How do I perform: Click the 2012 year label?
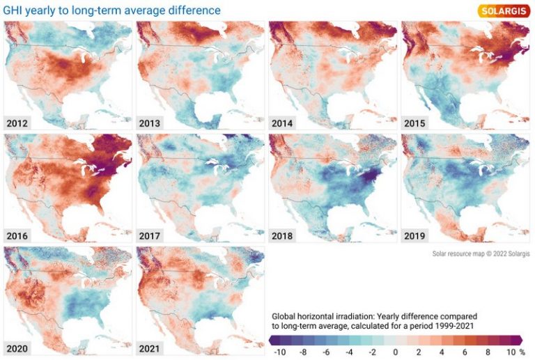pyautogui.click(x=17, y=123)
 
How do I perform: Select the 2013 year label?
pyautogui.click(x=150, y=123)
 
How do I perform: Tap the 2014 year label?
pyautogui.click(x=283, y=123)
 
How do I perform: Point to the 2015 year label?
pyautogui.click(x=415, y=123)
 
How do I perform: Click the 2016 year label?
pyautogui.click(x=17, y=235)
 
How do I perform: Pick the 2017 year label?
pyautogui.click(x=150, y=235)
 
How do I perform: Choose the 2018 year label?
pyautogui.click(x=283, y=235)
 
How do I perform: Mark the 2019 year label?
pyautogui.click(x=415, y=235)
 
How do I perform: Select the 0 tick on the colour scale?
pyautogui.click(x=395, y=352)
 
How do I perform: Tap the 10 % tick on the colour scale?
pyautogui.click(x=514, y=352)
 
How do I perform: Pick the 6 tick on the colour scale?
pyautogui.click(x=465, y=352)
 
